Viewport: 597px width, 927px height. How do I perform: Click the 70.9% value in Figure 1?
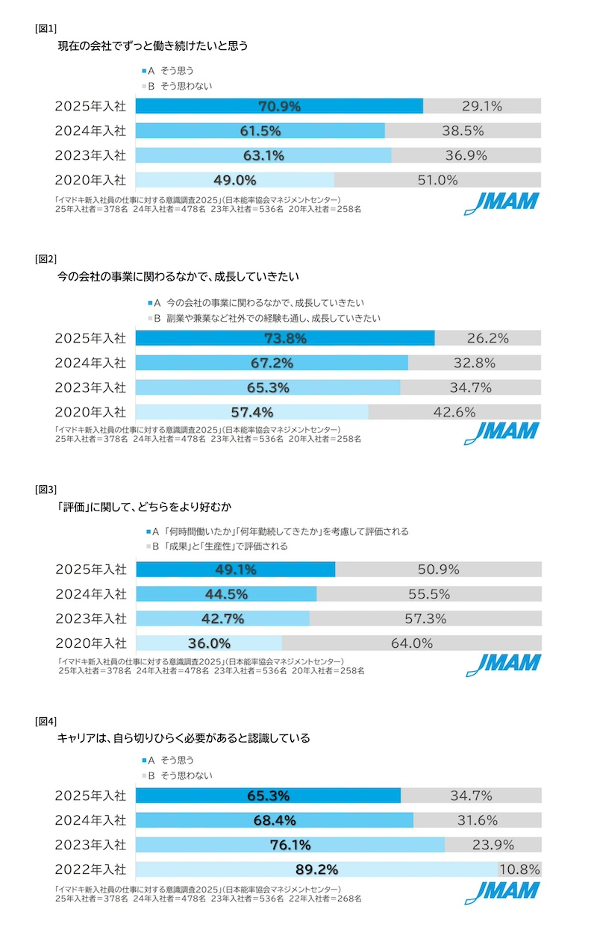point(279,106)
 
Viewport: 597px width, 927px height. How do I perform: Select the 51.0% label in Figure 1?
point(437,180)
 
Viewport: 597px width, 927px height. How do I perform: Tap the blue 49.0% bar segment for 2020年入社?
point(235,180)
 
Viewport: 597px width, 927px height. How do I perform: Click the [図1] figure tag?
point(46,28)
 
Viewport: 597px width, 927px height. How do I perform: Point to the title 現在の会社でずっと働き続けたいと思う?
point(153,46)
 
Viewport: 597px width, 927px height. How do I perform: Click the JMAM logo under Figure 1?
point(502,204)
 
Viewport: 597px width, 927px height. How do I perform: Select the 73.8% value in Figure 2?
point(285,338)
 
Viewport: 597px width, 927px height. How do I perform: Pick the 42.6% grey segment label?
point(454,412)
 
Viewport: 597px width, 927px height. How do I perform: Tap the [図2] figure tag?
point(46,260)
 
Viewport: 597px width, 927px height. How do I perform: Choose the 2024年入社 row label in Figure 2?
point(90,363)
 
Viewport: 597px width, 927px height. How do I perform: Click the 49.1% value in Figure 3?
point(235,569)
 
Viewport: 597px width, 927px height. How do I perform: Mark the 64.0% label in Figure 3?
point(412,643)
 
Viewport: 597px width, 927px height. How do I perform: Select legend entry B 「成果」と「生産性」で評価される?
point(219,546)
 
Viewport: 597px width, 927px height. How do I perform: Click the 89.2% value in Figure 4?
point(316,870)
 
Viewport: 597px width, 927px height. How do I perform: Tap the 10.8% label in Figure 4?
point(519,870)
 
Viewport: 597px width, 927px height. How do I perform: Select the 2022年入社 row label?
point(90,870)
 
